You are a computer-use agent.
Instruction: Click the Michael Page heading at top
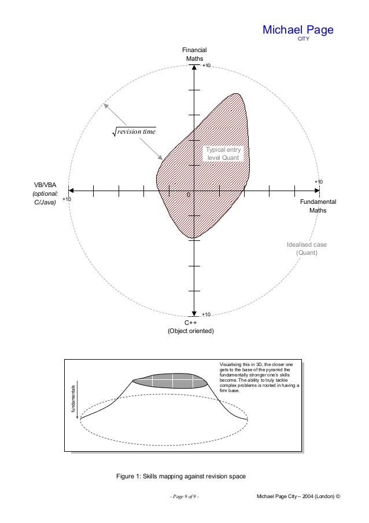pyautogui.click(x=298, y=30)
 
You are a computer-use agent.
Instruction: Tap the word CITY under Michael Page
pyautogui.click(x=303, y=40)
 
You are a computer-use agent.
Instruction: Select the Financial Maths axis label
pyautogui.click(x=195, y=54)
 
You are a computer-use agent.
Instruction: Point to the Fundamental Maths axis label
pyautogui.click(x=318, y=206)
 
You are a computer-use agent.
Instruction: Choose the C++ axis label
pyautogui.click(x=190, y=323)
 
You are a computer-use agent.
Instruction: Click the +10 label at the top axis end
pyautogui.click(x=206, y=67)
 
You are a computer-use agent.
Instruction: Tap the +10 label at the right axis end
pyautogui.click(x=318, y=182)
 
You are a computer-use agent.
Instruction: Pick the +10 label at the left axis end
pyautogui.click(x=67, y=199)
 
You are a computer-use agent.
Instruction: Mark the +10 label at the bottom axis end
pyautogui.click(x=206, y=314)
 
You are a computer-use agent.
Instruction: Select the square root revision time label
pyautogui.click(x=136, y=132)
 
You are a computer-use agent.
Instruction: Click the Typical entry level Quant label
pyautogui.click(x=223, y=153)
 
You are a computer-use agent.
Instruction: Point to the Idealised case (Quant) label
pyautogui.click(x=307, y=248)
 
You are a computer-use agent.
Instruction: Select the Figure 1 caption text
pyautogui.click(x=181, y=476)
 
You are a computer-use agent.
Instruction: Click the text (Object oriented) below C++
pyautogui.click(x=190, y=331)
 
